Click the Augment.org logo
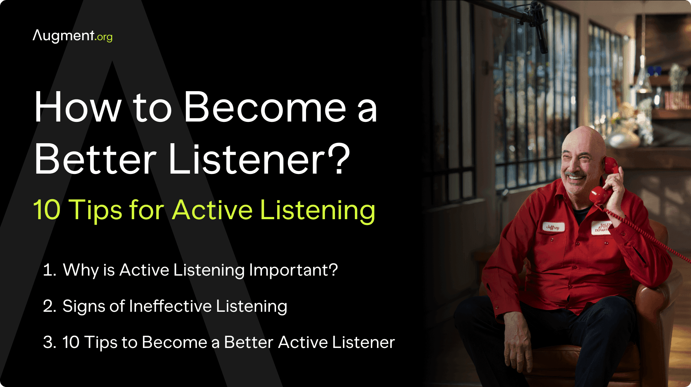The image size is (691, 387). (72, 36)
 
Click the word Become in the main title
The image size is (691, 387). (265, 107)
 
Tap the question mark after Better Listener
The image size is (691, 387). (338, 158)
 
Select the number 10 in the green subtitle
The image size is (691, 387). (47, 209)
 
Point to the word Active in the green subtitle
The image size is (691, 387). (212, 209)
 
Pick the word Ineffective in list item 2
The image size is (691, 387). (170, 306)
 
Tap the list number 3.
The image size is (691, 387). (49, 343)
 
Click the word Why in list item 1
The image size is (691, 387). (81, 270)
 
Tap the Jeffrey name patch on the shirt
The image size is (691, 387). (553, 227)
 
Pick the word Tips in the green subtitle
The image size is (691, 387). (96, 209)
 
